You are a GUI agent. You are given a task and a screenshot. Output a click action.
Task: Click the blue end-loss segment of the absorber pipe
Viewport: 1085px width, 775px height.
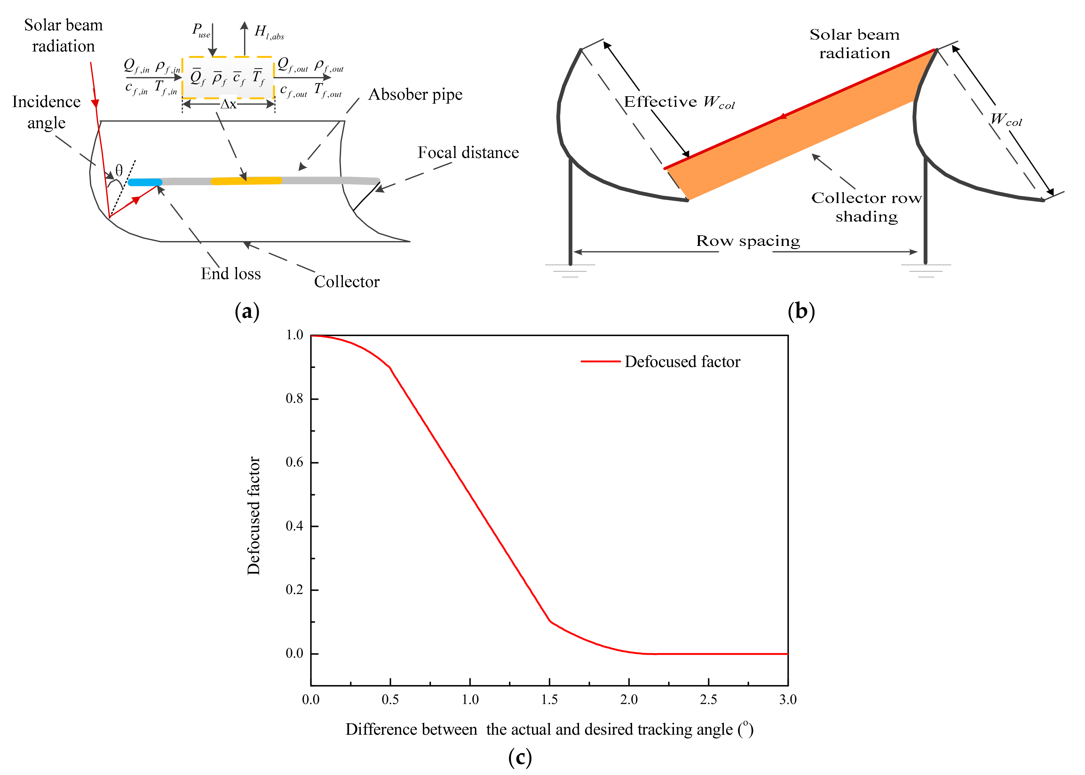[145, 182]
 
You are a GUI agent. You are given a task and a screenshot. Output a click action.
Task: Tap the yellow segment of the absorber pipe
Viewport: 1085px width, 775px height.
[246, 180]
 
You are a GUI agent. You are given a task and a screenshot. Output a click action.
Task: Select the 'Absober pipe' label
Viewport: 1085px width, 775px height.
[415, 95]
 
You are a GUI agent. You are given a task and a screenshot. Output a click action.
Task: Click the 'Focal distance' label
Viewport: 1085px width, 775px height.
[468, 153]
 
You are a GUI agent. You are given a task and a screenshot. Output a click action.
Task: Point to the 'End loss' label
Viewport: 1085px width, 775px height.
[231, 273]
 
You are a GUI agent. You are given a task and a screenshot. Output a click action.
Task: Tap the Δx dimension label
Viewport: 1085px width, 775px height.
[228, 104]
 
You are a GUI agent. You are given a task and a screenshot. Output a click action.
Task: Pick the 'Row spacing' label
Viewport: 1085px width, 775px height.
[748, 241]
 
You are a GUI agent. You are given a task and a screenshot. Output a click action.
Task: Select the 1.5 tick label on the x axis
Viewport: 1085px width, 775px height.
[550, 700]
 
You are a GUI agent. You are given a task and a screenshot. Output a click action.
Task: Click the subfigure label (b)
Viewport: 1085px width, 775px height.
[801, 311]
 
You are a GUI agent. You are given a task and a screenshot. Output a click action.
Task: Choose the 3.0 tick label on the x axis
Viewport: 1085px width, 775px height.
[788, 700]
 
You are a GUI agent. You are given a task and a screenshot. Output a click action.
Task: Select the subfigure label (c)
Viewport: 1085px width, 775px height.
[520, 757]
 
